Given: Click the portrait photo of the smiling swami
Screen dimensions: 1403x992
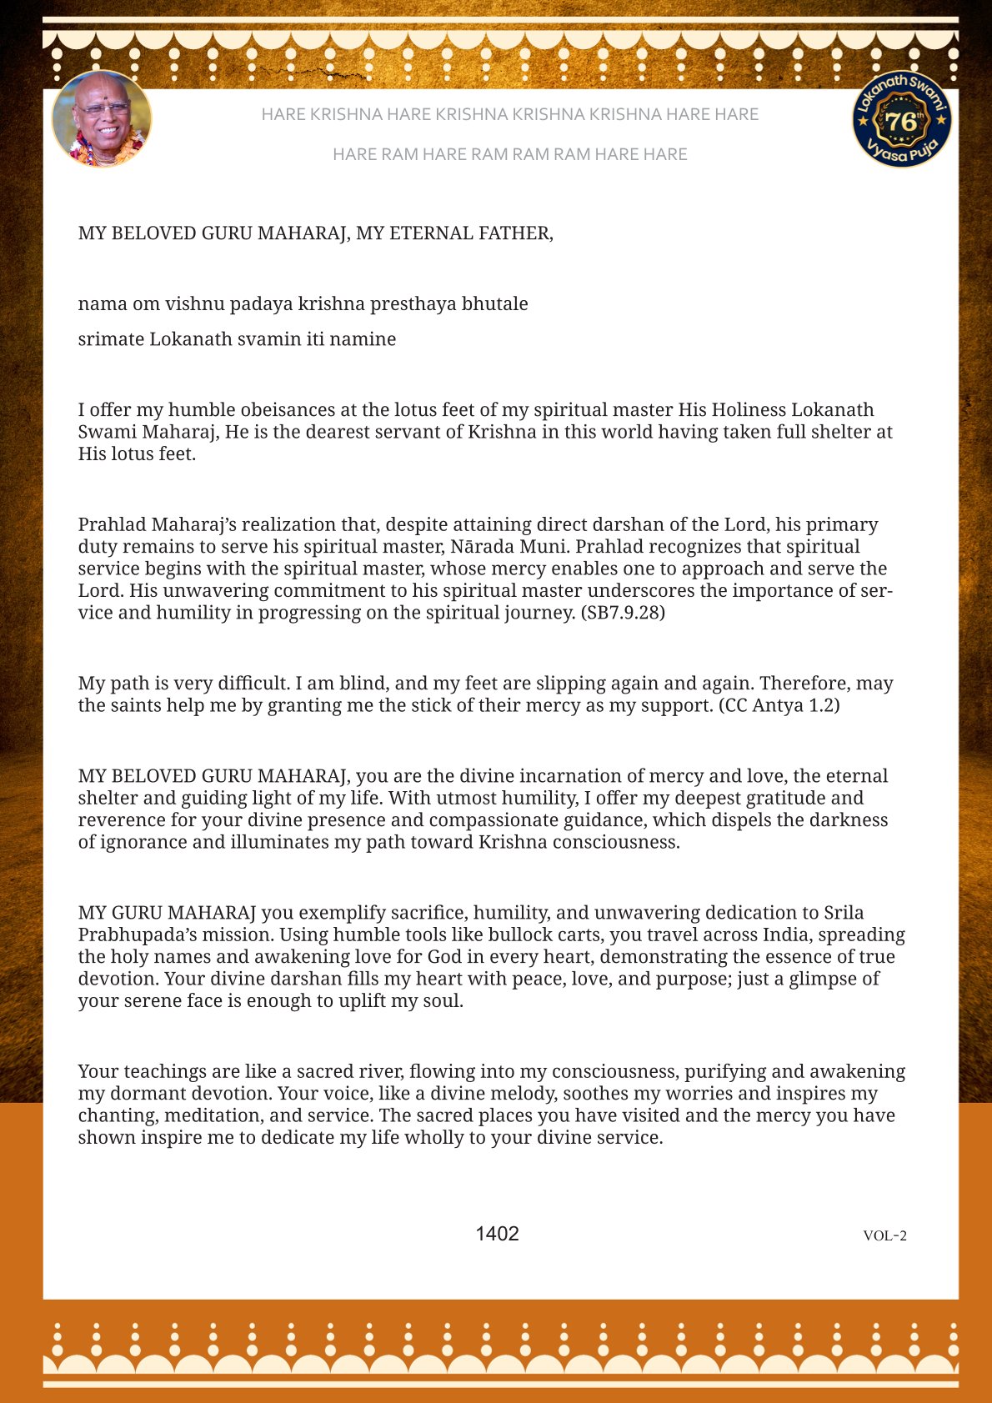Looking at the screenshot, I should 102,118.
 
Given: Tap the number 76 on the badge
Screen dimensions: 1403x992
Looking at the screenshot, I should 901,122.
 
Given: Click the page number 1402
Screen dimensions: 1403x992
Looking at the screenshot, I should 497,1234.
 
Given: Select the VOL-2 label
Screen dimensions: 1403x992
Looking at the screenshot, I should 884,1235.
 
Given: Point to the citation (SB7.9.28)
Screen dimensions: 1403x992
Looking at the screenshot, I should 623,613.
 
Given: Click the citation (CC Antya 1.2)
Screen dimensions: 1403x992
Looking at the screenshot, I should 779,705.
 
